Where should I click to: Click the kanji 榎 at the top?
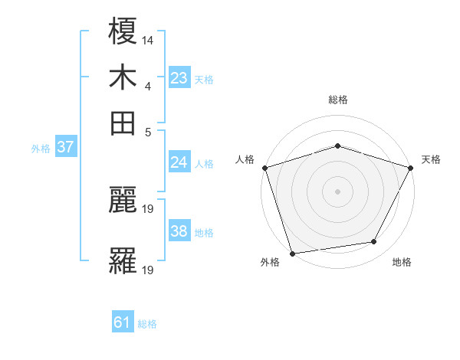tap(123, 31)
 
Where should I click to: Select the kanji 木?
tap(123, 77)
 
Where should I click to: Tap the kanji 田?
tap(123, 123)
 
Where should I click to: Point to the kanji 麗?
tap(123, 201)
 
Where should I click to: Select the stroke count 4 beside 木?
tap(147, 87)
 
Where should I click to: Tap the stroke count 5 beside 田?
tap(147, 132)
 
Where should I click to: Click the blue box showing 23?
tap(179, 78)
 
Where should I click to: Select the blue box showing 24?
tap(179, 162)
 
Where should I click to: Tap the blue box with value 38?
tap(179, 231)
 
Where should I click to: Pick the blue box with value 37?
tap(65, 147)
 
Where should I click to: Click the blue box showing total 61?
tap(123, 323)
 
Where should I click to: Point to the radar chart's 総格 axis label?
tap(338, 100)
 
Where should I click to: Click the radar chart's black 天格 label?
tap(431, 159)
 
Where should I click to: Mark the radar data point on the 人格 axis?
tap(264, 167)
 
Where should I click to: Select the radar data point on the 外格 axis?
tap(293, 253)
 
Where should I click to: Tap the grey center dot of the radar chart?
tap(338, 191)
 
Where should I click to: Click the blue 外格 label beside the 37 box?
tap(41, 149)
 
